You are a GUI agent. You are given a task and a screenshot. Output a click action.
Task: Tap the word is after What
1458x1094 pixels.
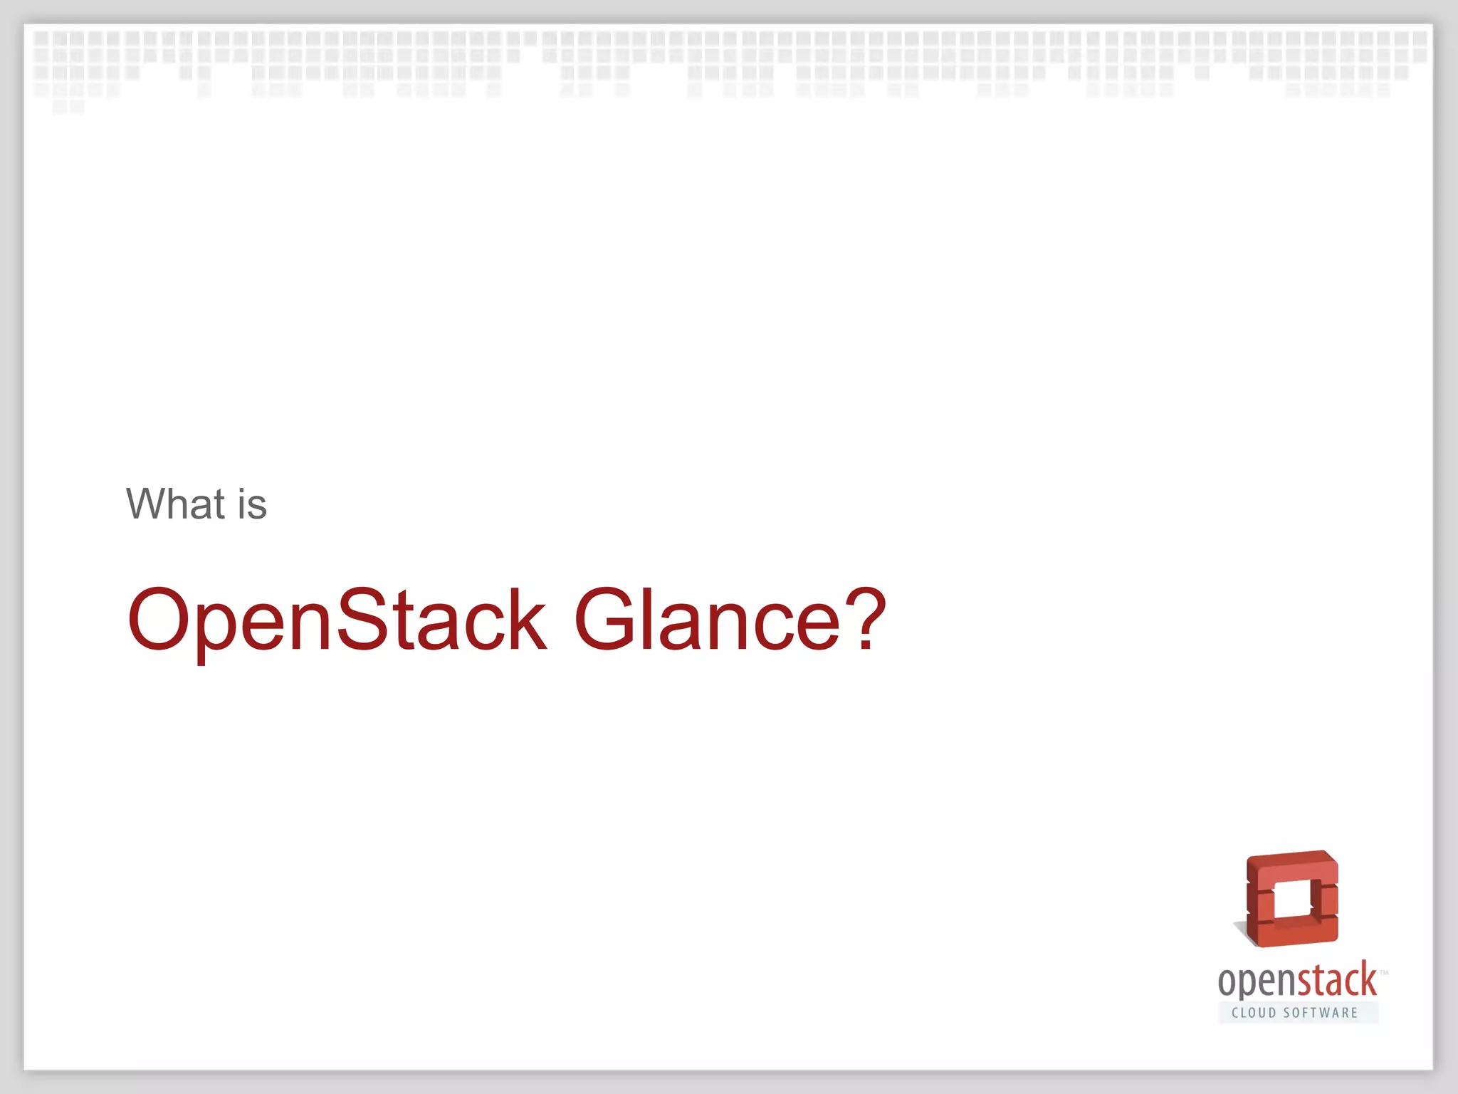point(252,504)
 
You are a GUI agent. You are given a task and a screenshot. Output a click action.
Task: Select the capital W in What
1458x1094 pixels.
point(147,504)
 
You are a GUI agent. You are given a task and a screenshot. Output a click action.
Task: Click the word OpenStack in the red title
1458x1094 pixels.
point(337,620)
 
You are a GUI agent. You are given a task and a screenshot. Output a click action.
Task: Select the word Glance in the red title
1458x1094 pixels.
point(707,620)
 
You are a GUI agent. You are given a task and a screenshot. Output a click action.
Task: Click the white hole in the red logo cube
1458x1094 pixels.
point(1291,900)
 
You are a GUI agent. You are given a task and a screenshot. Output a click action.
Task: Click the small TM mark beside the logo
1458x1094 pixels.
point(1384,972)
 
